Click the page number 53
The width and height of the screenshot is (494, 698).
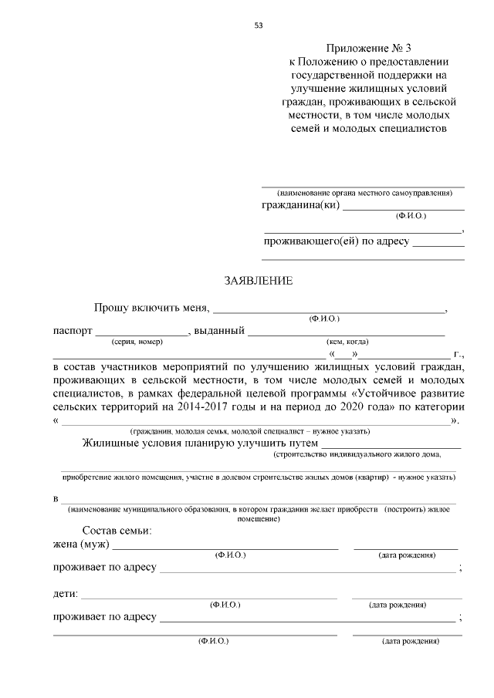[259, 25]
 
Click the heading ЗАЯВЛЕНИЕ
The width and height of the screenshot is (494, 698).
[259, 281]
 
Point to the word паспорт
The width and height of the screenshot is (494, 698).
[72, 331]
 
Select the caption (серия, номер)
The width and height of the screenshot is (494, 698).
[137, 342]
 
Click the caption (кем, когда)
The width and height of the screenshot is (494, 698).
[347, 342]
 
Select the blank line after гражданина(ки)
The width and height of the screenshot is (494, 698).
[404, 209]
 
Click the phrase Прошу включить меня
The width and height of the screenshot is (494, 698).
[151, 308]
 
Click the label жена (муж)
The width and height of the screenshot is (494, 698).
[81, 545]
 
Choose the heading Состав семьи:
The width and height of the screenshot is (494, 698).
[117, 531]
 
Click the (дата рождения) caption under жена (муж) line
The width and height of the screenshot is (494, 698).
[406, 555]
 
